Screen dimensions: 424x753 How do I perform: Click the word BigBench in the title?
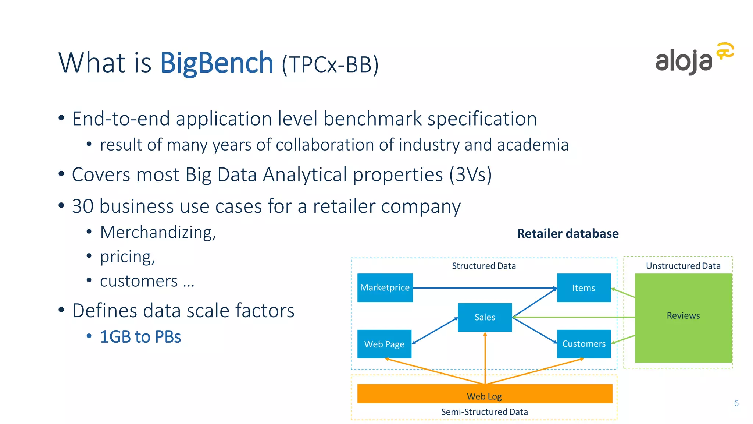click(x=217, y=63)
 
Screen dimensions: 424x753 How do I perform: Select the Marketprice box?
click(x=385, y=287)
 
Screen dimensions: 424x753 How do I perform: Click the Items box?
click(x=584, y=288)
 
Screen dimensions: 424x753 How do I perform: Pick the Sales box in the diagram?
click(x=485, y=317)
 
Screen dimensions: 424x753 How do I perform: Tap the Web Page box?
click(x=384, y=344)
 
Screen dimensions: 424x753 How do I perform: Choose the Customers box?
click(x=584, y=344)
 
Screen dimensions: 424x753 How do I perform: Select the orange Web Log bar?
click(x=485, y=394)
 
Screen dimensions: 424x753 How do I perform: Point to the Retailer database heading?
click(x=568, y=234)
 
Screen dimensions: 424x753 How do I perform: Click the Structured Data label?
click(x=483, y=266)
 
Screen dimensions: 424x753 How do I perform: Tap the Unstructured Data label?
click(x=683, y=266)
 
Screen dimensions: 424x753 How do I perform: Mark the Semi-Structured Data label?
click(x=484, y=412)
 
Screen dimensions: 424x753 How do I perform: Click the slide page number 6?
click(x=736, y=403)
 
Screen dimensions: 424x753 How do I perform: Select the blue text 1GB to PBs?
click(x=140, y=337)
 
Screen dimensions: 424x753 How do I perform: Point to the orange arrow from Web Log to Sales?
click(x=485, y=357)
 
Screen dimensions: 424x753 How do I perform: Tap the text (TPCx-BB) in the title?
click(x=330, y=65)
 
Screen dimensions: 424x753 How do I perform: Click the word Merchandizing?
click(x=158, y=233)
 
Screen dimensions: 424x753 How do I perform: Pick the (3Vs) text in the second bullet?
click(x=470, y=174)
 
